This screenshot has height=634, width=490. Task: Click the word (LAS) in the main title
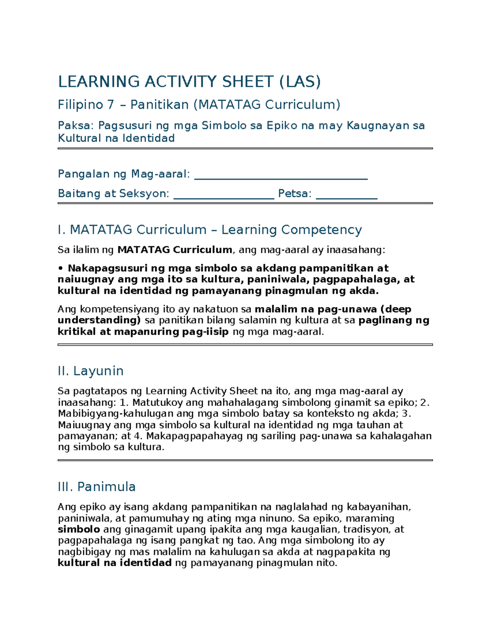point(300,82)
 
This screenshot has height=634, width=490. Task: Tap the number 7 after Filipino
point(110,105)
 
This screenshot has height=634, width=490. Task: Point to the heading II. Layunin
point(91,371)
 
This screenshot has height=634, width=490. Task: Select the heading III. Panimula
point(97,487)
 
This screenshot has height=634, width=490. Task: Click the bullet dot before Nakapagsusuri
point(60,268)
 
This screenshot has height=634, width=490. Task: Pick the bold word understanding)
point(99,320)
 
